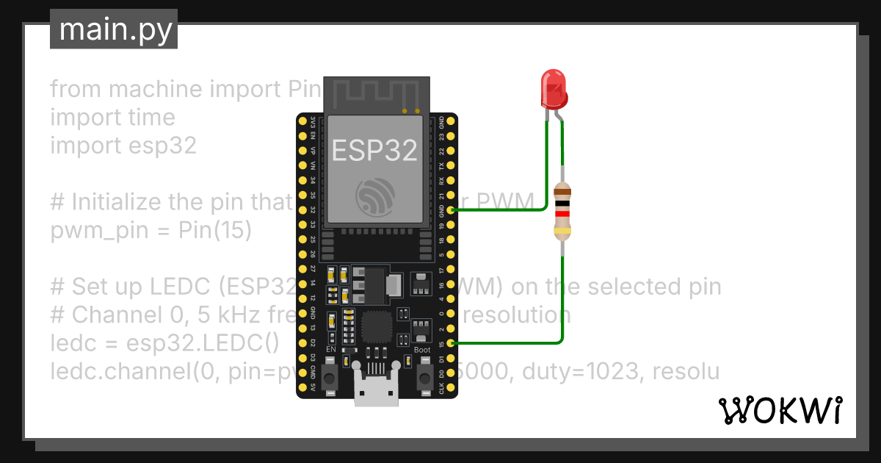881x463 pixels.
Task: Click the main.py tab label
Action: click(114, 29)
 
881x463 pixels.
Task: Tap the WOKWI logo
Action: click(779, 410)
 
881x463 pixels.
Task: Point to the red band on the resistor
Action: click(562, 214)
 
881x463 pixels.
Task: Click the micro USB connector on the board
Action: click(376, 386)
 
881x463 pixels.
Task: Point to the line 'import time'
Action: click(112, 118)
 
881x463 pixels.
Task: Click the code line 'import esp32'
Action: click(123, 146)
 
